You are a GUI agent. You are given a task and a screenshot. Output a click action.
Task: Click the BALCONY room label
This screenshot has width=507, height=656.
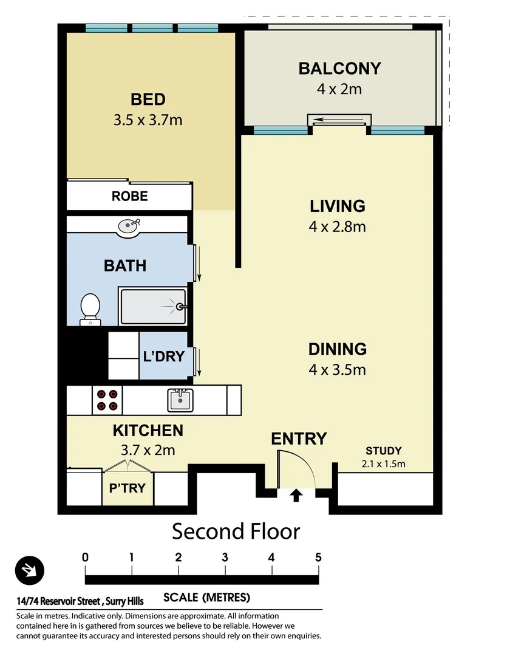(339, 68)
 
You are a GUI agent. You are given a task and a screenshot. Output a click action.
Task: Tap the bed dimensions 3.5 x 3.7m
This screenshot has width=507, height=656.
(148, 120)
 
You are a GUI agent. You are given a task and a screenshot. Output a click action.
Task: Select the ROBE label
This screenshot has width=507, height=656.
(129, 196)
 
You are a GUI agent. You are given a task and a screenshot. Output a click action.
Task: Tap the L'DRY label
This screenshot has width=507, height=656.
(163, 357)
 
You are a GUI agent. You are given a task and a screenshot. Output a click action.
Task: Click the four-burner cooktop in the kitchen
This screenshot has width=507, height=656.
(107, 400)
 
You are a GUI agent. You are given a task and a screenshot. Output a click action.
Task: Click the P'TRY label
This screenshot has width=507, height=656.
(128, 488)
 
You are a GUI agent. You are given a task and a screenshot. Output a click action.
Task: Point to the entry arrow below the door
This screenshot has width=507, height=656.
(296, 496)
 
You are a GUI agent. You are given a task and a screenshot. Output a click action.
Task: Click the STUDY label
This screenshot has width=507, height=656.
(383, 451)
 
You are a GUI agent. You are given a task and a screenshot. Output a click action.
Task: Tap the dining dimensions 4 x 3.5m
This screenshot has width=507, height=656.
(337, 369)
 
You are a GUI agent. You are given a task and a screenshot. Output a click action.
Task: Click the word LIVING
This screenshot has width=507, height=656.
(337, 206)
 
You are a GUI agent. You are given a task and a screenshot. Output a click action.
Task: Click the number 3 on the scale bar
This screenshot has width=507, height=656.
(225, 557)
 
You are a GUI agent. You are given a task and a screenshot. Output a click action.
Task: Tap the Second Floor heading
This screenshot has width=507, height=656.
(236, 531)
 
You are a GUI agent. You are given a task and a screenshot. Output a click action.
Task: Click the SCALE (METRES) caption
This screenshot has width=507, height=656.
(206, 597)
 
